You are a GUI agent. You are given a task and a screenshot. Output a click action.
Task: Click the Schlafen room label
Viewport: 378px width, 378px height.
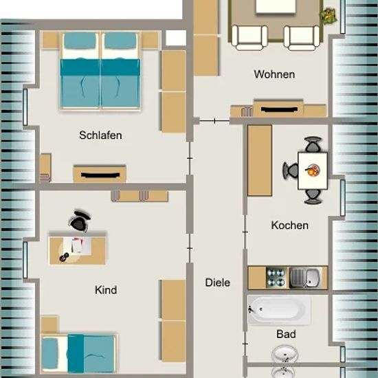coord(100,135)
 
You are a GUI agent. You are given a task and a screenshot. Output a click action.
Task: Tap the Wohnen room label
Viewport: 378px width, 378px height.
coord(274,74)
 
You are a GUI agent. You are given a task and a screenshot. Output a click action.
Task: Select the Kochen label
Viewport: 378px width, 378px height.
coord(290,225)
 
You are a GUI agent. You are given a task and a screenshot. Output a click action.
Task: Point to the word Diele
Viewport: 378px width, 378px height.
coord(218,282)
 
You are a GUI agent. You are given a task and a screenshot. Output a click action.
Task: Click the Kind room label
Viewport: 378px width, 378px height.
coord(106,290)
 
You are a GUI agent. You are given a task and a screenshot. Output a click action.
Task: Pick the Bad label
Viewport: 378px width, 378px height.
coord(286,334)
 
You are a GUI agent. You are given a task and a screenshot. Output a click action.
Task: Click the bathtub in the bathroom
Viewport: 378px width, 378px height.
coord(279,310)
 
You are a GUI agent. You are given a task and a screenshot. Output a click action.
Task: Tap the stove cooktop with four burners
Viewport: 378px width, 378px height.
coord(276,278)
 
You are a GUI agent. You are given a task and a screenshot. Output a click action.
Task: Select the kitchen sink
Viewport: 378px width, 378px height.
coord(305,278)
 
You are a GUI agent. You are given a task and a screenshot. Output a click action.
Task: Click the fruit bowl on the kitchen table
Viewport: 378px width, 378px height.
coord(312,170)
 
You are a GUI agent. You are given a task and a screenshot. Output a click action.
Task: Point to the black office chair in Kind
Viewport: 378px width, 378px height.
coord(79,221)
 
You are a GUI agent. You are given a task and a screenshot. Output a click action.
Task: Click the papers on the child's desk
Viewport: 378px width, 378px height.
coord(78,245)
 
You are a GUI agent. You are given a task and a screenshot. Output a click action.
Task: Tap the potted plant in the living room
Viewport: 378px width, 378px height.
coord(328,16)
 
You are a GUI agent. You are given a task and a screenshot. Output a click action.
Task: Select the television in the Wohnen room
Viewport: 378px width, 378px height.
coord(278,109)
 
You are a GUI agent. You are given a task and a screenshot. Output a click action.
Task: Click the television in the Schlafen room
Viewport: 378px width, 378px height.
coord(100,175)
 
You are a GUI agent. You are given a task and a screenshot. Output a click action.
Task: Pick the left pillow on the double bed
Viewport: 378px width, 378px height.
coord(80,41)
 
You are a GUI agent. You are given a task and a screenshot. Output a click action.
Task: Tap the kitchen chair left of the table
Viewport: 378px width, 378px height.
coord(291,170)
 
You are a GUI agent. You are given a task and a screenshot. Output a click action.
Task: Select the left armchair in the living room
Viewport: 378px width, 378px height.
coord(249,38)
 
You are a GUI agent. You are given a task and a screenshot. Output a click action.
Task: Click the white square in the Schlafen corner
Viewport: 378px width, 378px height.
coord(176,38)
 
